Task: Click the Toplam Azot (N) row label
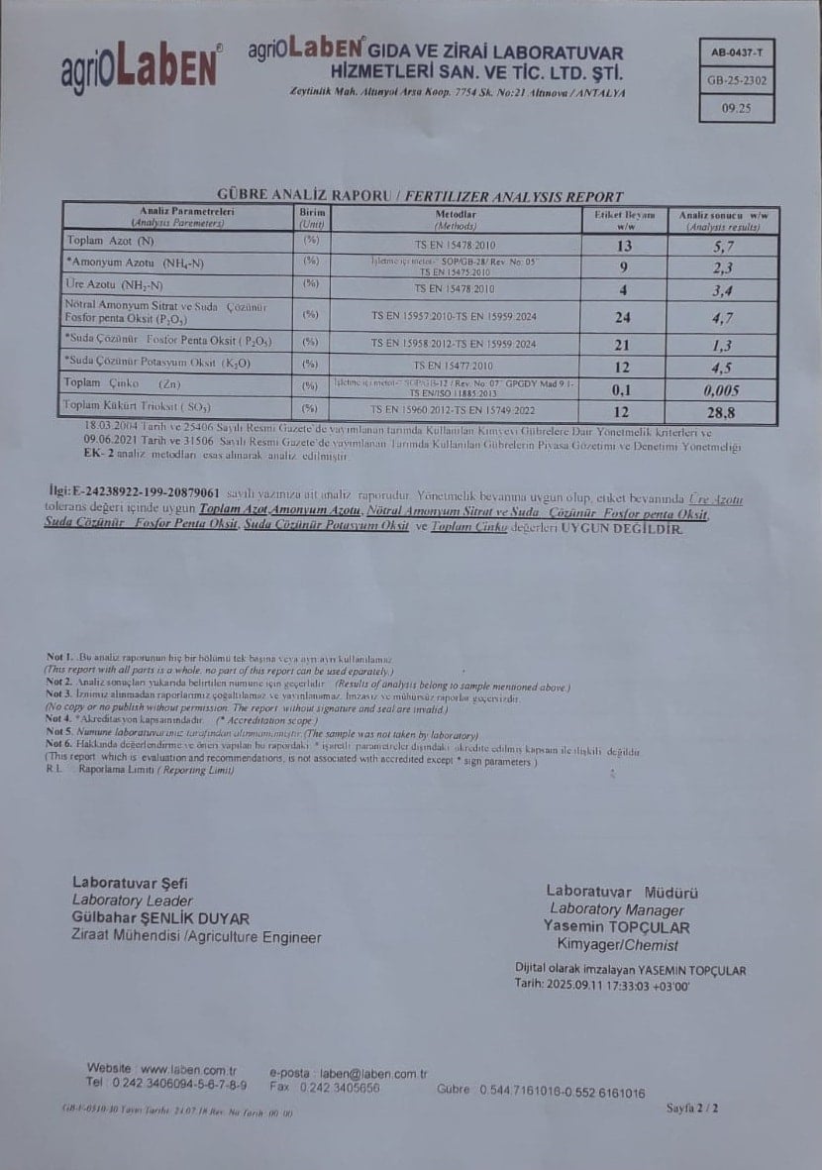111,241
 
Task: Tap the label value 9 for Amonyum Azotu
623,266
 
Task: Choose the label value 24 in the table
623,317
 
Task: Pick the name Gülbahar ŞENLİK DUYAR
160,918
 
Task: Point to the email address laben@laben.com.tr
374,1073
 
